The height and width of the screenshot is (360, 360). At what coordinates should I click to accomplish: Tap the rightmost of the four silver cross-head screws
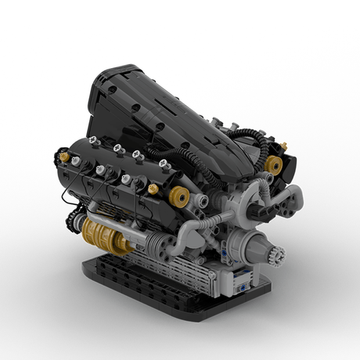click(163, 164)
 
